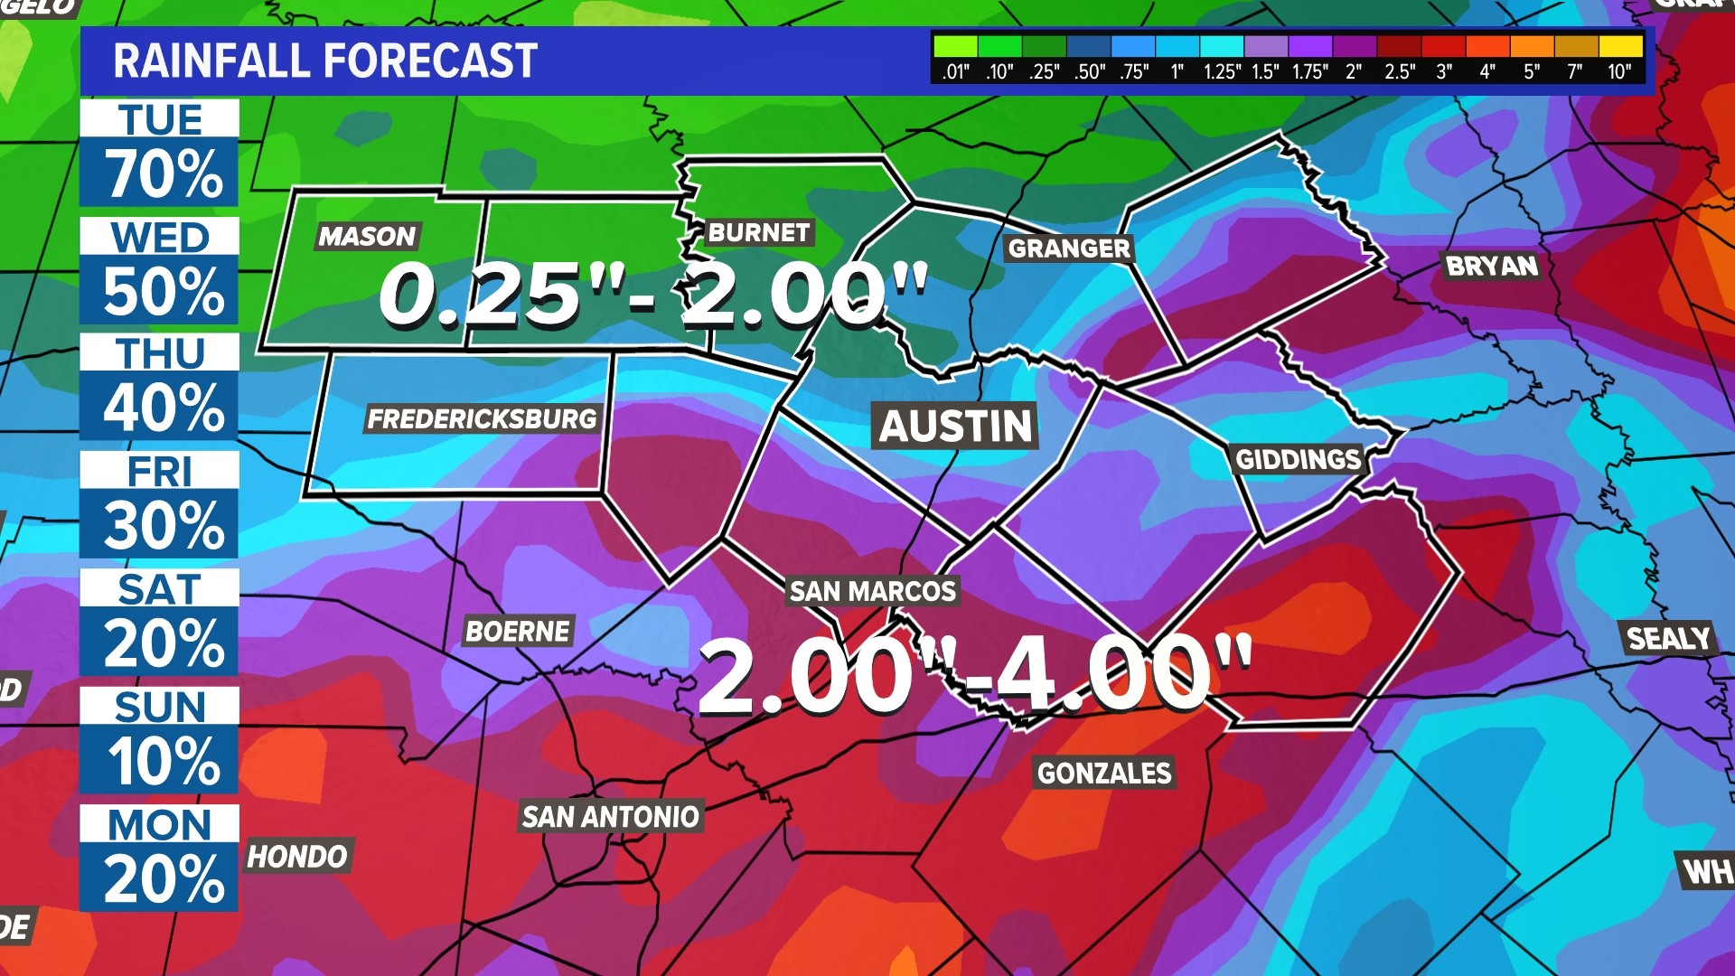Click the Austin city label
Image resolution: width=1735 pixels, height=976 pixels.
(x=955, y=426)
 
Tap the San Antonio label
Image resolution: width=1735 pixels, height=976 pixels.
(x=611, y=817)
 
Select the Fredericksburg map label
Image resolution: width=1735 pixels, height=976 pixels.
(x=482, y=419)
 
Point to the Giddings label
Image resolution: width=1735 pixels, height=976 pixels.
(x=1298, y=459)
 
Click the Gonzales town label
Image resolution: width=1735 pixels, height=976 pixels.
(x=1103, y=774)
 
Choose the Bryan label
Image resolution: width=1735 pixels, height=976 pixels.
(x=1491, y=266)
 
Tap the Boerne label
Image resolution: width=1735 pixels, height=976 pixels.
(x=518, y=631)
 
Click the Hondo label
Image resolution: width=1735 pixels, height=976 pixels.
(x=297, y=856)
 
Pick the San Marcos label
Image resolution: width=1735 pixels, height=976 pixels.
(x=872, y=591)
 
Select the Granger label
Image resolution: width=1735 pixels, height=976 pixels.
(x=1069, y=249)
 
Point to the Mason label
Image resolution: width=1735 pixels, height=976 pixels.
(x=367, y=237)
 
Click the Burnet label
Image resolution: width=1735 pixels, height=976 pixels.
(x=758, y=233)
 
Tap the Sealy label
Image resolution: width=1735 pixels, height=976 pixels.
(x=1668, y=639)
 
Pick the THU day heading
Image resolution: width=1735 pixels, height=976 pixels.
(x=160, y=353)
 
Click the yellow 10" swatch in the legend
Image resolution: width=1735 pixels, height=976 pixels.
(x=1620, y=46)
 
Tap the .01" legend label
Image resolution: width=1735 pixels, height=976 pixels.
(x=955, y=72)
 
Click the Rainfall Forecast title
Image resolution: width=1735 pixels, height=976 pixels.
(x=325, y=61)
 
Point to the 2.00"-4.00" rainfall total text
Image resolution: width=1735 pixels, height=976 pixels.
(x=974, y=674)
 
